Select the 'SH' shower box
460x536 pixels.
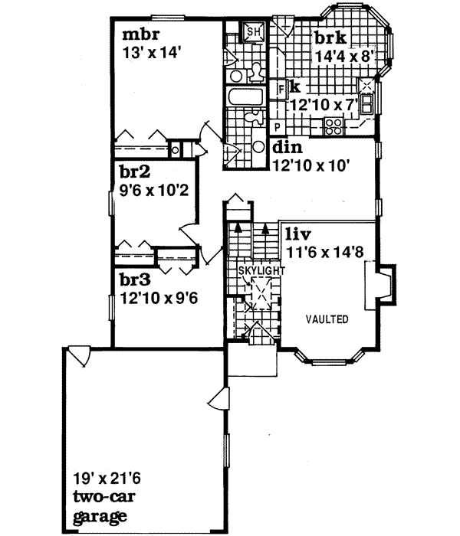click(251, 32)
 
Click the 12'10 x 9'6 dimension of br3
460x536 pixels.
click(159, 299)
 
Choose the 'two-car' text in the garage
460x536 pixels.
click(98, 499)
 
